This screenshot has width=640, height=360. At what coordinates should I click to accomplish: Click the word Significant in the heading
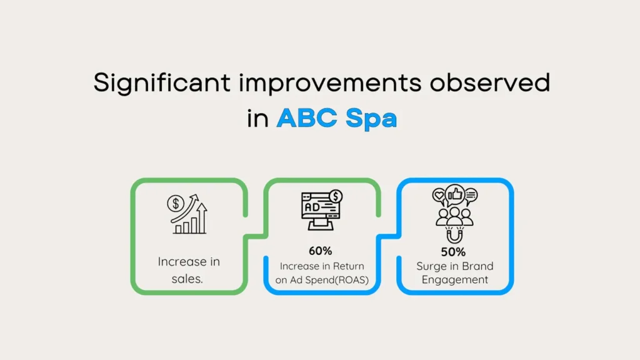click(162, 83)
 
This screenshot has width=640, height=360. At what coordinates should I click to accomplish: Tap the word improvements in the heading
click(330, 83)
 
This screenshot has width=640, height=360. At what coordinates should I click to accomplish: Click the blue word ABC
click(307, 118)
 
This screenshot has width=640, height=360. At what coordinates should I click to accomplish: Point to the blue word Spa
click(371, 119)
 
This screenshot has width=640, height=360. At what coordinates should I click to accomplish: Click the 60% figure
click(321, 251)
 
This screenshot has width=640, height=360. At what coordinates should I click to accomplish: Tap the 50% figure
click(453, 252)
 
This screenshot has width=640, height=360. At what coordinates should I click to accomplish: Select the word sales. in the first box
click(187, 279)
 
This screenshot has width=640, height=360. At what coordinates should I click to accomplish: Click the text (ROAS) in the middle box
click(351, 280)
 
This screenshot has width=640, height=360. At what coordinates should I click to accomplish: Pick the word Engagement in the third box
click(455, 280)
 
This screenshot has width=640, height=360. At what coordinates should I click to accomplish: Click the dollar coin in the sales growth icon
click(176, 203)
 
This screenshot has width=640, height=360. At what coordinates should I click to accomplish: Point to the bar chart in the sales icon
click(190, 224)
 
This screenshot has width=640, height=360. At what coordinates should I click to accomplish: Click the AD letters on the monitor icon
click(312, 207)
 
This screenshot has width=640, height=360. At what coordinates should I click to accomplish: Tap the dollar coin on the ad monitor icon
click(336, 196)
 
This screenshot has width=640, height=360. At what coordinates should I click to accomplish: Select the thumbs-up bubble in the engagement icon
click(455, 194)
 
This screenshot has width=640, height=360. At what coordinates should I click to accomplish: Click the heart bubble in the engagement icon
click(439, 196)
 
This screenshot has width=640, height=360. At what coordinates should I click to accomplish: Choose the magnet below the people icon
click(454, 236)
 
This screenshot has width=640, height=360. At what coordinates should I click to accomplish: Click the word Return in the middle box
click(348, 266)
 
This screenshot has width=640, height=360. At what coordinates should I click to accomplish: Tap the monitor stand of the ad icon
click(321, 224)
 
